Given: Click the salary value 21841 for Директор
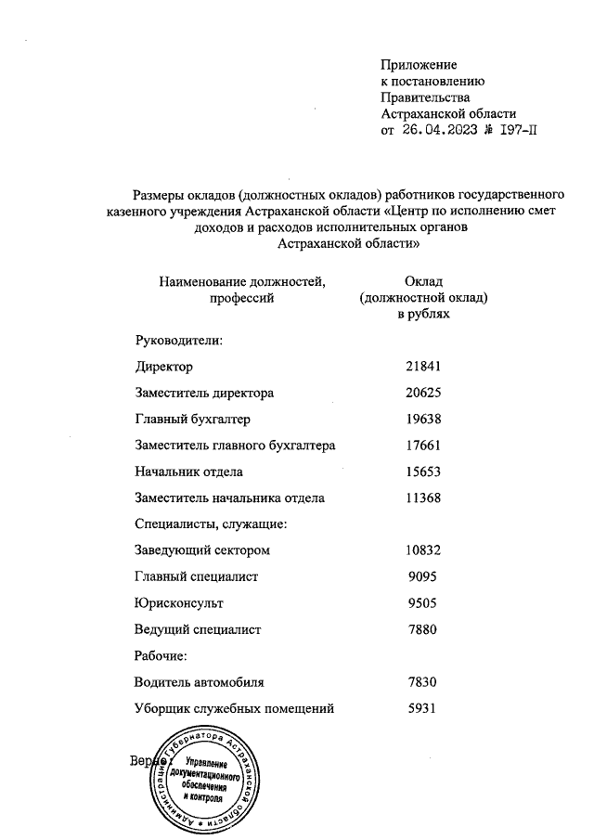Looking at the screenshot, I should pos(423,367).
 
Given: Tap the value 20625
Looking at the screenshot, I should pos(423,393).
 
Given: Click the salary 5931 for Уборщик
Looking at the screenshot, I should pos(423,709).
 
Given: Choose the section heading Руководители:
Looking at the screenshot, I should pos(178,340).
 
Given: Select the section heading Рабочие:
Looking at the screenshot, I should pos(161,656).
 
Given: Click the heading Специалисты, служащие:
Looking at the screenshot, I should pos(211,524).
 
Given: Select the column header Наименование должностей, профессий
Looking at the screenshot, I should pos(242,289).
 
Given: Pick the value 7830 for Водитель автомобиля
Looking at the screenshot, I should pos(423,682).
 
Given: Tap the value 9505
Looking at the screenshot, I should pos(423,603).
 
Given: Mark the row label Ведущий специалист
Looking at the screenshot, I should pos(198,629).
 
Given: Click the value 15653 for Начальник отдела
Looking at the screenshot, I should pos(423,472).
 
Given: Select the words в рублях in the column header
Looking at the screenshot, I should pos(423,315).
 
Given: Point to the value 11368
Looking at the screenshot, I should pos(423,498).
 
